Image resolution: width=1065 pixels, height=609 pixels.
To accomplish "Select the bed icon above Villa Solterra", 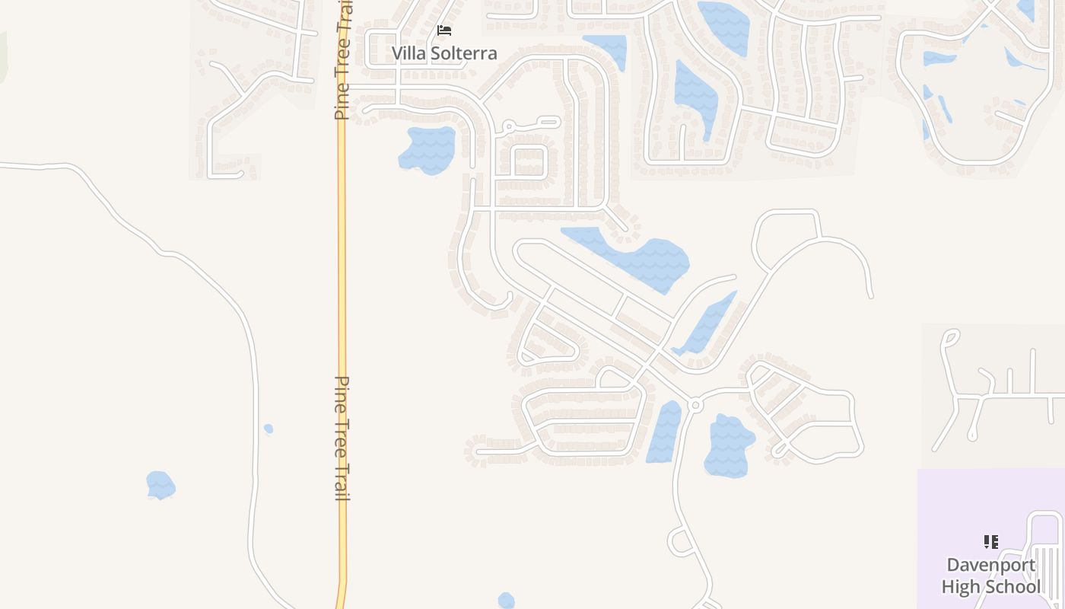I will coord(444,30).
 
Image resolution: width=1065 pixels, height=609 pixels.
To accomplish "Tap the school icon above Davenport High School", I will coord(990,542).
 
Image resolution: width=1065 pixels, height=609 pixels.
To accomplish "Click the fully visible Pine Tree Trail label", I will coord(342,438).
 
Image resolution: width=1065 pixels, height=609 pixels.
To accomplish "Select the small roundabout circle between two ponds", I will coord(695,405).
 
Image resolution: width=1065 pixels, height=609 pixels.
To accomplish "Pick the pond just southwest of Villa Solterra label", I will coord(428,149).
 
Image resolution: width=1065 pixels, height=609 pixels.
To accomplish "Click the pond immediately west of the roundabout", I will coord(666,432).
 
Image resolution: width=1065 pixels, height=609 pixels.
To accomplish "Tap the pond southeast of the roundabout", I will coord(728,446).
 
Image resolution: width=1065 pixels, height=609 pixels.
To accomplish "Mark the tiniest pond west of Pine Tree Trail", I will coord(269,429).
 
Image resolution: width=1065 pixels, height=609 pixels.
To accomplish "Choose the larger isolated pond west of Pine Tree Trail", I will coord(161,485).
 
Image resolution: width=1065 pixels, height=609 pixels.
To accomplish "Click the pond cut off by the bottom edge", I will coord(506,601).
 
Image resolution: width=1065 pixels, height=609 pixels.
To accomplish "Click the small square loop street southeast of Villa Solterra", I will coord(530,161).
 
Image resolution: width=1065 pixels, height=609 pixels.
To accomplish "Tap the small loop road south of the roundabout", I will coord(679,541).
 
